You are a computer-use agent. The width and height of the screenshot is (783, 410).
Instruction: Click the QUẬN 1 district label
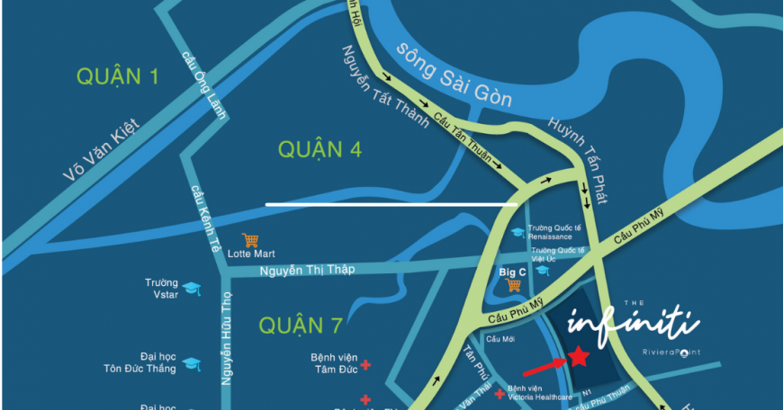(x=118, y=77)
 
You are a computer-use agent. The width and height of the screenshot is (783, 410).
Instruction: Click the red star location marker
(x=579, y=357)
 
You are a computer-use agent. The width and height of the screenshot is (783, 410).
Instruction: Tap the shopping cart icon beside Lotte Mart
(x=250, y=240)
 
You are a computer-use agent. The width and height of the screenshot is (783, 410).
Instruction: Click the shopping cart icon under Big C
(x=514, y=285)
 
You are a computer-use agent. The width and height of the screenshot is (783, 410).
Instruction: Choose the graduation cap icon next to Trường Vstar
(x=192, y=289)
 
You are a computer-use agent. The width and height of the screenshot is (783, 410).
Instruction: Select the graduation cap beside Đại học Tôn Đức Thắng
(x=192, y=363)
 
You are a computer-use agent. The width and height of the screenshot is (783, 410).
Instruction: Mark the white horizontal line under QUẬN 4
(x=391, y=204)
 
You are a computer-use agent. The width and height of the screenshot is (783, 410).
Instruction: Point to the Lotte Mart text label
(x=251, y=254)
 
